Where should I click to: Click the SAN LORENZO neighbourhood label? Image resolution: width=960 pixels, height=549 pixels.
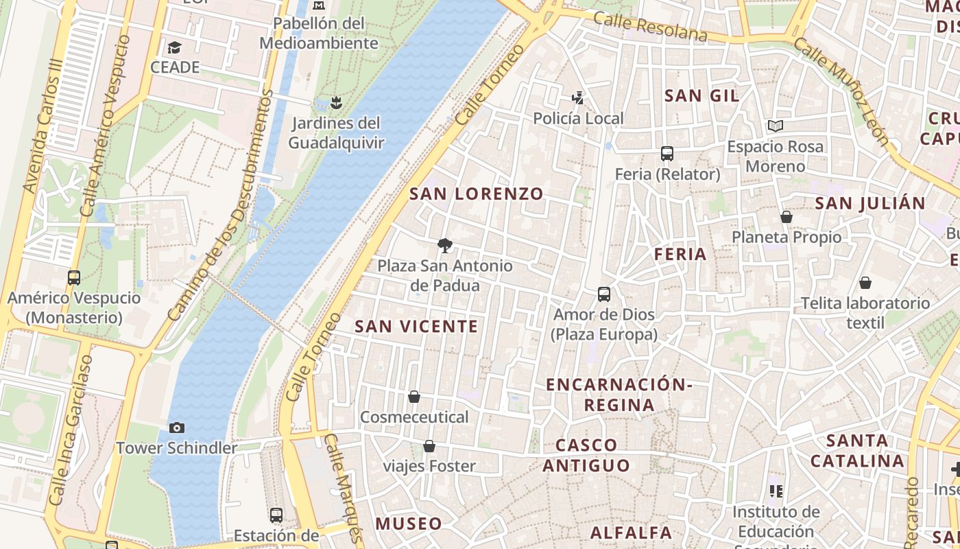[x=477, y=194]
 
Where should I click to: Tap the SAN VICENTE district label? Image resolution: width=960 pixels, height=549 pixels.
[x=416, y=326]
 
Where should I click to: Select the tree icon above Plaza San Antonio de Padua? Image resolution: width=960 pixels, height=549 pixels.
[x=445, y=245]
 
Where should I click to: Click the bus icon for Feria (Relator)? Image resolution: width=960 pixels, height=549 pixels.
[x=667, y=154]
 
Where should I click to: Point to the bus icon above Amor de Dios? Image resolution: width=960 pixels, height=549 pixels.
[x=604, y=294]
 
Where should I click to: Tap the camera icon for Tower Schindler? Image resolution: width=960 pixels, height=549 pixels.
[x=177, y=428]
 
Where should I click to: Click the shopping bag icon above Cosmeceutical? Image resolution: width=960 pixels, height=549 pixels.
[x=414, y=397]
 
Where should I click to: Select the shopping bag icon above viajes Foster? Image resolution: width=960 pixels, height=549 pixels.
[x=429, y=446]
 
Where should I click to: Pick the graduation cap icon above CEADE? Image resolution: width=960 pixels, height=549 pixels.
[x=175, y=47]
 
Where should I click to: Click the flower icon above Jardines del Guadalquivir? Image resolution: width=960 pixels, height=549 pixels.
[x=335, y=103]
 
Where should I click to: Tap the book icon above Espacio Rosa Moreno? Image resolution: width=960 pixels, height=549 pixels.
[x=776, y=126]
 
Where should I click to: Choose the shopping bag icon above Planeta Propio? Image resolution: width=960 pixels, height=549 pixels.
[x=787, y=217]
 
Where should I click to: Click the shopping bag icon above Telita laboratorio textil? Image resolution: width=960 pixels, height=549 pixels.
[x=865, y=283]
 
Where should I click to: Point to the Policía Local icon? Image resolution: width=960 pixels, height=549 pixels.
[x=579, y=98]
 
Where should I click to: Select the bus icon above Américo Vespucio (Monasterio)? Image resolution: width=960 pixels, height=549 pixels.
[x=74, y=278]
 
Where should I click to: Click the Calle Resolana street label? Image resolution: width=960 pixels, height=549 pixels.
[x=650, y=25]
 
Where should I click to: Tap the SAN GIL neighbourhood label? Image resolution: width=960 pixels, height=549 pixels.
[x=702, y=96]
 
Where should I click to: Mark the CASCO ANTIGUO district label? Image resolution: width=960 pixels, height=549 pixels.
[x=586, y=455]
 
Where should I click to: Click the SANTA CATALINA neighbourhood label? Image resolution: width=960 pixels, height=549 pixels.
[x=857, y=450]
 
